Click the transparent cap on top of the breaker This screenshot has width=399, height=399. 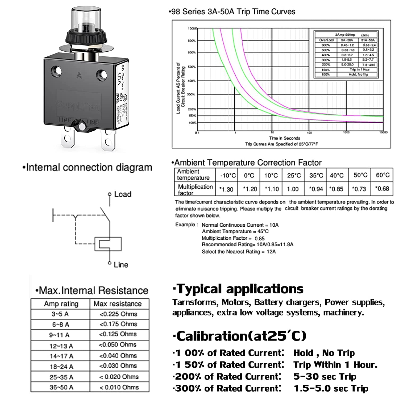coord(86,20)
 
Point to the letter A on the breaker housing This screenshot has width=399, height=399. coord(79,76)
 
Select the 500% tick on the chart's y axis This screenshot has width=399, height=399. coord(192,67)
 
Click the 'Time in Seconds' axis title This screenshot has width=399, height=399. coord(284,138)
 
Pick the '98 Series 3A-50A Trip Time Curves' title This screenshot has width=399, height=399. coord(232,12)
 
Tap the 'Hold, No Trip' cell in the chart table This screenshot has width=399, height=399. coord(358,74)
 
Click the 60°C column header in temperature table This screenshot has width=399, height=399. coord(382,175)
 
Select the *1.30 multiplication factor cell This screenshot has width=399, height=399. coord(226,189)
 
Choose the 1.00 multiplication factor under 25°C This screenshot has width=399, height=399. coord(293,189)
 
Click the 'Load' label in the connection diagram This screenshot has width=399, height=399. coord(123,194)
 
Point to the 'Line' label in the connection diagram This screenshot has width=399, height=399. coord(121,265)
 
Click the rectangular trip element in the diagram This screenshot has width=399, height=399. coord(108,244)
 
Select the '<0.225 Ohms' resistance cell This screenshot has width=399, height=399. coord(118,314)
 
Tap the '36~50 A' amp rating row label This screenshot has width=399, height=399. coord(61,387)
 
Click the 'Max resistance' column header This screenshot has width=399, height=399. coord(118,304)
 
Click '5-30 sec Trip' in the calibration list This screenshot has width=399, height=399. coord(325,376)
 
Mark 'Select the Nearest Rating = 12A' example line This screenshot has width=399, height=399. coord(239,252)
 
